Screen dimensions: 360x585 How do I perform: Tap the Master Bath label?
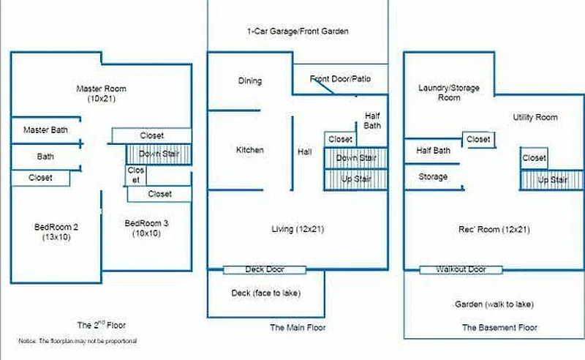pos(45,130)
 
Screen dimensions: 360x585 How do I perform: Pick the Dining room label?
pos(250,81)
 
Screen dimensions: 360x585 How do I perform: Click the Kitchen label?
pos(250,150)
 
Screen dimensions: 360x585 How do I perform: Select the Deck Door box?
pos(265,270)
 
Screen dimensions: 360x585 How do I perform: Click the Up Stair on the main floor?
pos(355,180)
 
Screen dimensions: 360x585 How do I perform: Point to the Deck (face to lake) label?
pos(266,293)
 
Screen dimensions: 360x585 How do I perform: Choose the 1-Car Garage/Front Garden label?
pos(297,32)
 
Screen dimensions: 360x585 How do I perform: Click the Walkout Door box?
pos(461,270)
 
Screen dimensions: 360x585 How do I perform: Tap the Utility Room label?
pos(535,117)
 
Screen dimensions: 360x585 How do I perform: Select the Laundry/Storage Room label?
pos(449,92)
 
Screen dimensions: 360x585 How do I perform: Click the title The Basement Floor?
pos(499,328)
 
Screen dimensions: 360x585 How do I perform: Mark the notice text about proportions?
pos(78,342)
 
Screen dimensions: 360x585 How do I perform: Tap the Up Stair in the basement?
pos(553,180)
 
